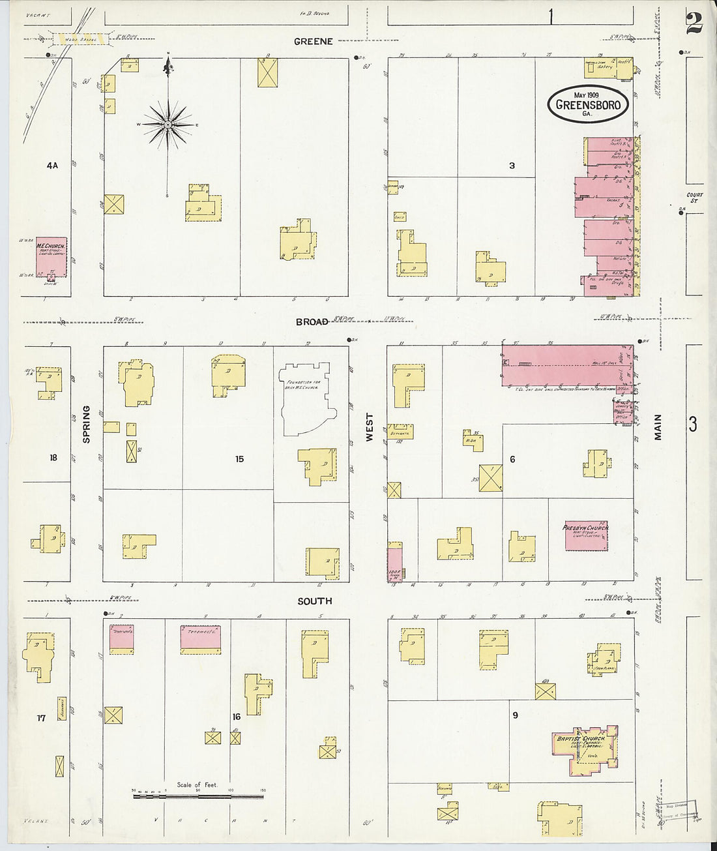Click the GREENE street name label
(x=313, y=41)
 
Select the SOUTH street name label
(x=314, y=601)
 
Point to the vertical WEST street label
(x=369, y=427)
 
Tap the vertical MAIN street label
(x=657, y=427)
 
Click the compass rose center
(x=168, y=124)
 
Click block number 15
(x=239, y=459)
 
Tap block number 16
(x=236, y=717)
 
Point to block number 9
(x=515, y=715)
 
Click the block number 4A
(x=52, y=166)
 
